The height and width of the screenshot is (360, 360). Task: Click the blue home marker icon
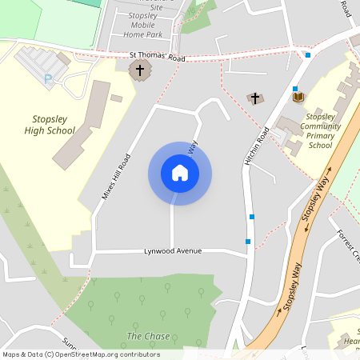click(x=180, y=173)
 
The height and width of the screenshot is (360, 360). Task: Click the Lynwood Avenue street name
click(x=173, y=251)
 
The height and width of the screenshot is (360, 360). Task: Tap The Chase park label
click(x=148, y=336)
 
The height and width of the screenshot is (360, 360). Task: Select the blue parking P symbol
click(x=48, y=78)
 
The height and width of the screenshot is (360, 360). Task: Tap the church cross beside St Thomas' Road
click(x=140, y=70)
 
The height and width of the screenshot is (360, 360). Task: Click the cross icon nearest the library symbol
click(x=255, y=98)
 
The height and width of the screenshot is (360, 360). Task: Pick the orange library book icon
click(x=298, y=97)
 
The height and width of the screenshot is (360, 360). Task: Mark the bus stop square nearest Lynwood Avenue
click(x=248, y=241)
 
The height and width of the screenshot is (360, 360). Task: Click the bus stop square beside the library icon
click(x=295, y=89)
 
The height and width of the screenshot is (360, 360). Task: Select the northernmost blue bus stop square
click(x=308, y=55)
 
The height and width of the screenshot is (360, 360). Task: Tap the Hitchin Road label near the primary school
click(x=255, y=147)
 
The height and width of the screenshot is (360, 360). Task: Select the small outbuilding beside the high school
click(x=117, y=98)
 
